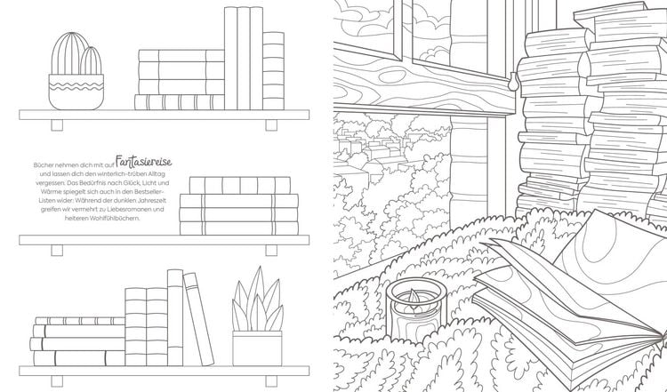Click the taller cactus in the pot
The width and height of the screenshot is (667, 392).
pyautogui.click(x=68, y=53)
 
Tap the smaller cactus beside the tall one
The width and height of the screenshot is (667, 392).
pyautogui.click(x=91, y=60)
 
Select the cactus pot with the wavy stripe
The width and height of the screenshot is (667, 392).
pyautogui.click(x=76, y=92)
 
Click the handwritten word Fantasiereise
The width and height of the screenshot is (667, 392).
pyautogui.click(x=144, y=162)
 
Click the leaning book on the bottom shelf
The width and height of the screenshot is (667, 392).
pyautogui.click(x=198, y=319)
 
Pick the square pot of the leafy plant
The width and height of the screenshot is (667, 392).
pyautogui.click(x=257, y=348)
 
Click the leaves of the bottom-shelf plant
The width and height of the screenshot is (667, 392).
pyautogui.click(x=257, y=300)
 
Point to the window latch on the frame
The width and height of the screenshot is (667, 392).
pyautogui.click(x=513, y=80)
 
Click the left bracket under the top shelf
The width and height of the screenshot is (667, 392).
pyautogui.click(x=57, y=125)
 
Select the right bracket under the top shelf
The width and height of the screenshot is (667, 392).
pyautogui.click(x=271, y=125)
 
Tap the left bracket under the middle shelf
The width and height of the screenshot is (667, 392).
pyautogui.click(x=57, y=251)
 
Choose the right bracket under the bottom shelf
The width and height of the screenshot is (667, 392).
pyautogui.click(x=271, y=381)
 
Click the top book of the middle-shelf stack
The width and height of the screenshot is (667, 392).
pyautogui.click(x=240, y=186)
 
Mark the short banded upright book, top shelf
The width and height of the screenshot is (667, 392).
pyautogui.click(x=274, y=70)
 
